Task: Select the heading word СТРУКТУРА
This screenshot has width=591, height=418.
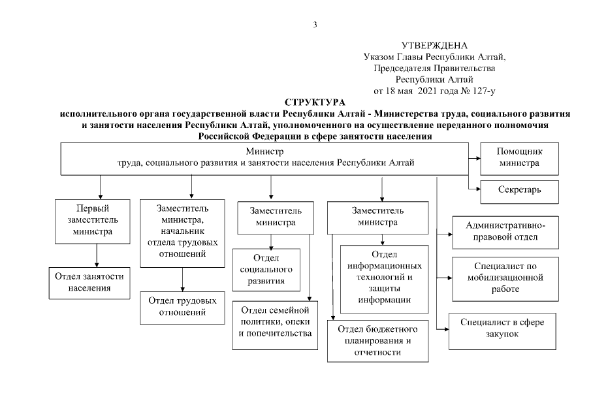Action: coord(315,103)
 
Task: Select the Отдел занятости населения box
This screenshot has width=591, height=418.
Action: coord(89,281)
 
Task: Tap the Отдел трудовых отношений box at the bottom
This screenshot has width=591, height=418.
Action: coord(182,306)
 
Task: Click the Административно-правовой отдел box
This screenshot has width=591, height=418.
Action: coord(505,231)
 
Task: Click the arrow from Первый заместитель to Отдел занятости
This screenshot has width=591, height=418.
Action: coord(97,254)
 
